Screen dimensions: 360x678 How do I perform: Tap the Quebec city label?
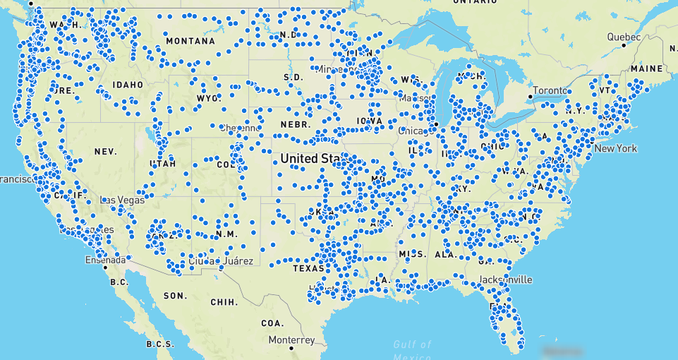point(626,37)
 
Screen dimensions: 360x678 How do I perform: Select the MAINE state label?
point(647,68)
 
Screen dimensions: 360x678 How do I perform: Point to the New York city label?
point(615,148)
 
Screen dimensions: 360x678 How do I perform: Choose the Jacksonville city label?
point(504,280)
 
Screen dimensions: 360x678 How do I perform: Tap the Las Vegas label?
point(123,200)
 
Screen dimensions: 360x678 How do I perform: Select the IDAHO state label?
point(127,85)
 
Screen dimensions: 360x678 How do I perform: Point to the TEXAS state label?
point(308,268)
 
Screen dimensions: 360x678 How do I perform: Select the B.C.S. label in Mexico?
point(159,344)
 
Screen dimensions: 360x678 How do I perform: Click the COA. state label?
point(272,323)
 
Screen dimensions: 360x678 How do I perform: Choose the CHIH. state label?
point(224,302)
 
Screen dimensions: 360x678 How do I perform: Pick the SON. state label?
point(175,296)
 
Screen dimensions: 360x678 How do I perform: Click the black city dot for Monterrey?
point(272,340)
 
